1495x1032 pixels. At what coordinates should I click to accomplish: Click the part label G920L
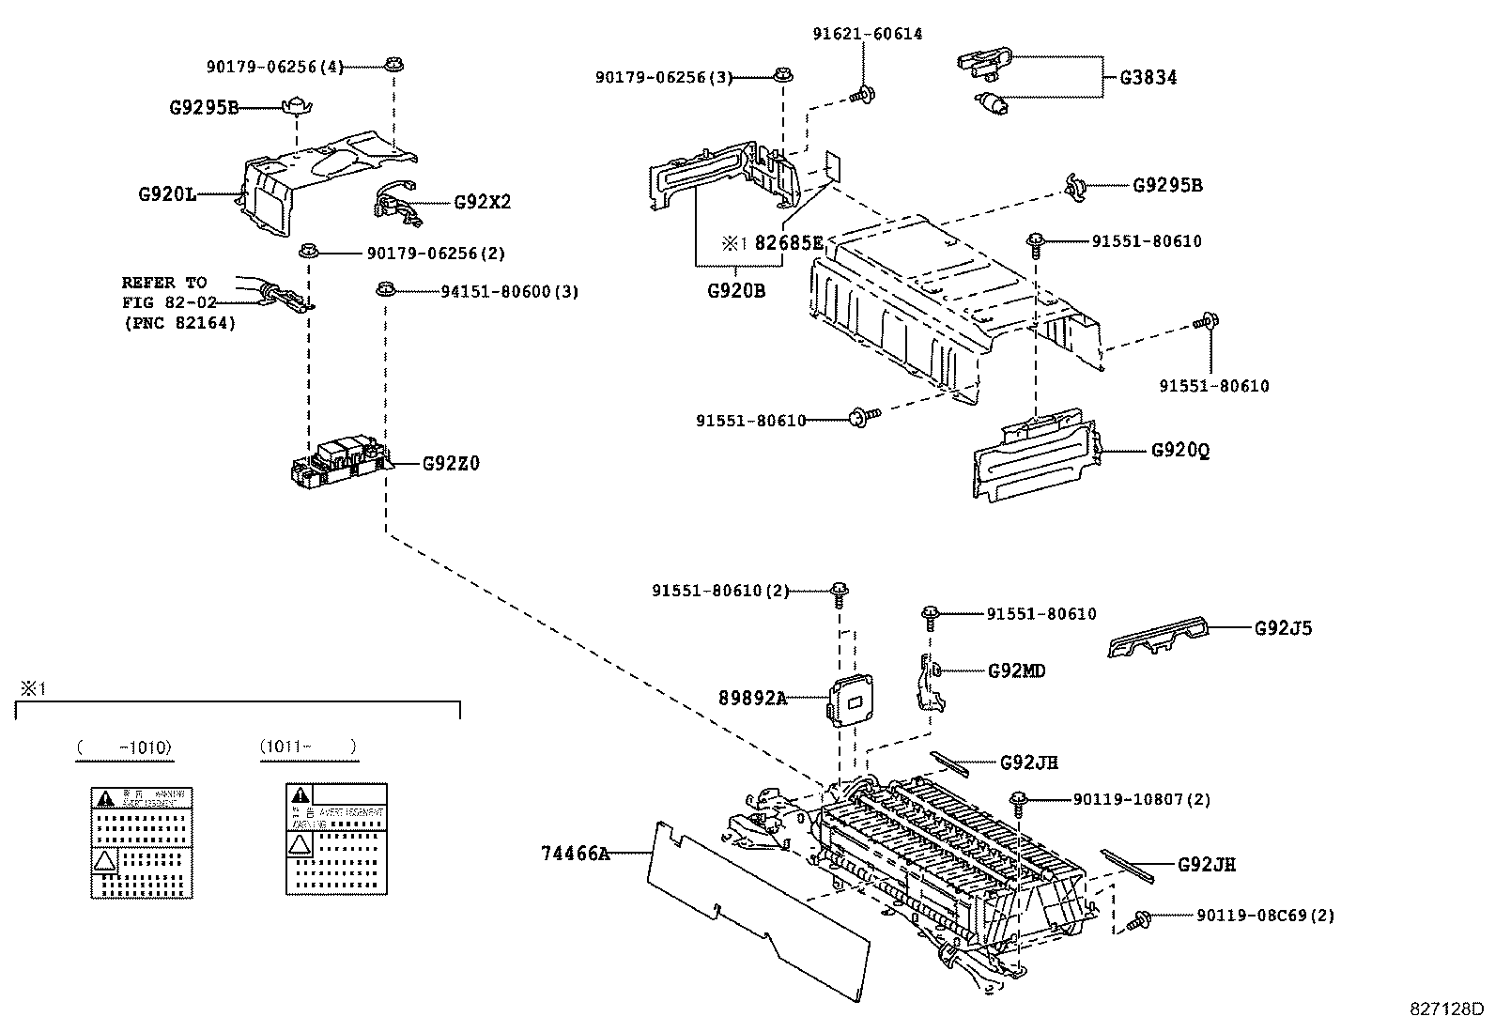point(167,195)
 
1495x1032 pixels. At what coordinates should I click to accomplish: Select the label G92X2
point(482,202)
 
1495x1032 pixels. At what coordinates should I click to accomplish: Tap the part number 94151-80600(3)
point(510,292)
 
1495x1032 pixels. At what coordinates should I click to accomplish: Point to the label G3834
point(1148,78)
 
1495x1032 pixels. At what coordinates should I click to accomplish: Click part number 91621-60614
point(867,34)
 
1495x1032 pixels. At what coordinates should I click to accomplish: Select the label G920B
point(736,291)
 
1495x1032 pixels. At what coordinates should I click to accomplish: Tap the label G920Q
point(1180,451)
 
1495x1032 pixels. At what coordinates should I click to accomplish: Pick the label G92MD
point(1016,670)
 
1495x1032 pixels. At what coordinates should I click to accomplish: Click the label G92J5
point(1283,628)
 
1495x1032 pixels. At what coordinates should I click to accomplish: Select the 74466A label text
point(575,854)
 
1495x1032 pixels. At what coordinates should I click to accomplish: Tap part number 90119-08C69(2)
point(1265,916)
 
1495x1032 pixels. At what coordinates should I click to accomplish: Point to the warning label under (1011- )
point(336,838)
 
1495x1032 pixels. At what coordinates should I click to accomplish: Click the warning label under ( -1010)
point(142,842)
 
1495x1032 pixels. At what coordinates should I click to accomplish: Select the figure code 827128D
point(1445,1010)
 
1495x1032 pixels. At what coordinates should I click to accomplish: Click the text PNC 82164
point(179,323)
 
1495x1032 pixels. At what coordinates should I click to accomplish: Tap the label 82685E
point(789,243)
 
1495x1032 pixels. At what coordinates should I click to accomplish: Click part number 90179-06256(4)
point(275,67)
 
